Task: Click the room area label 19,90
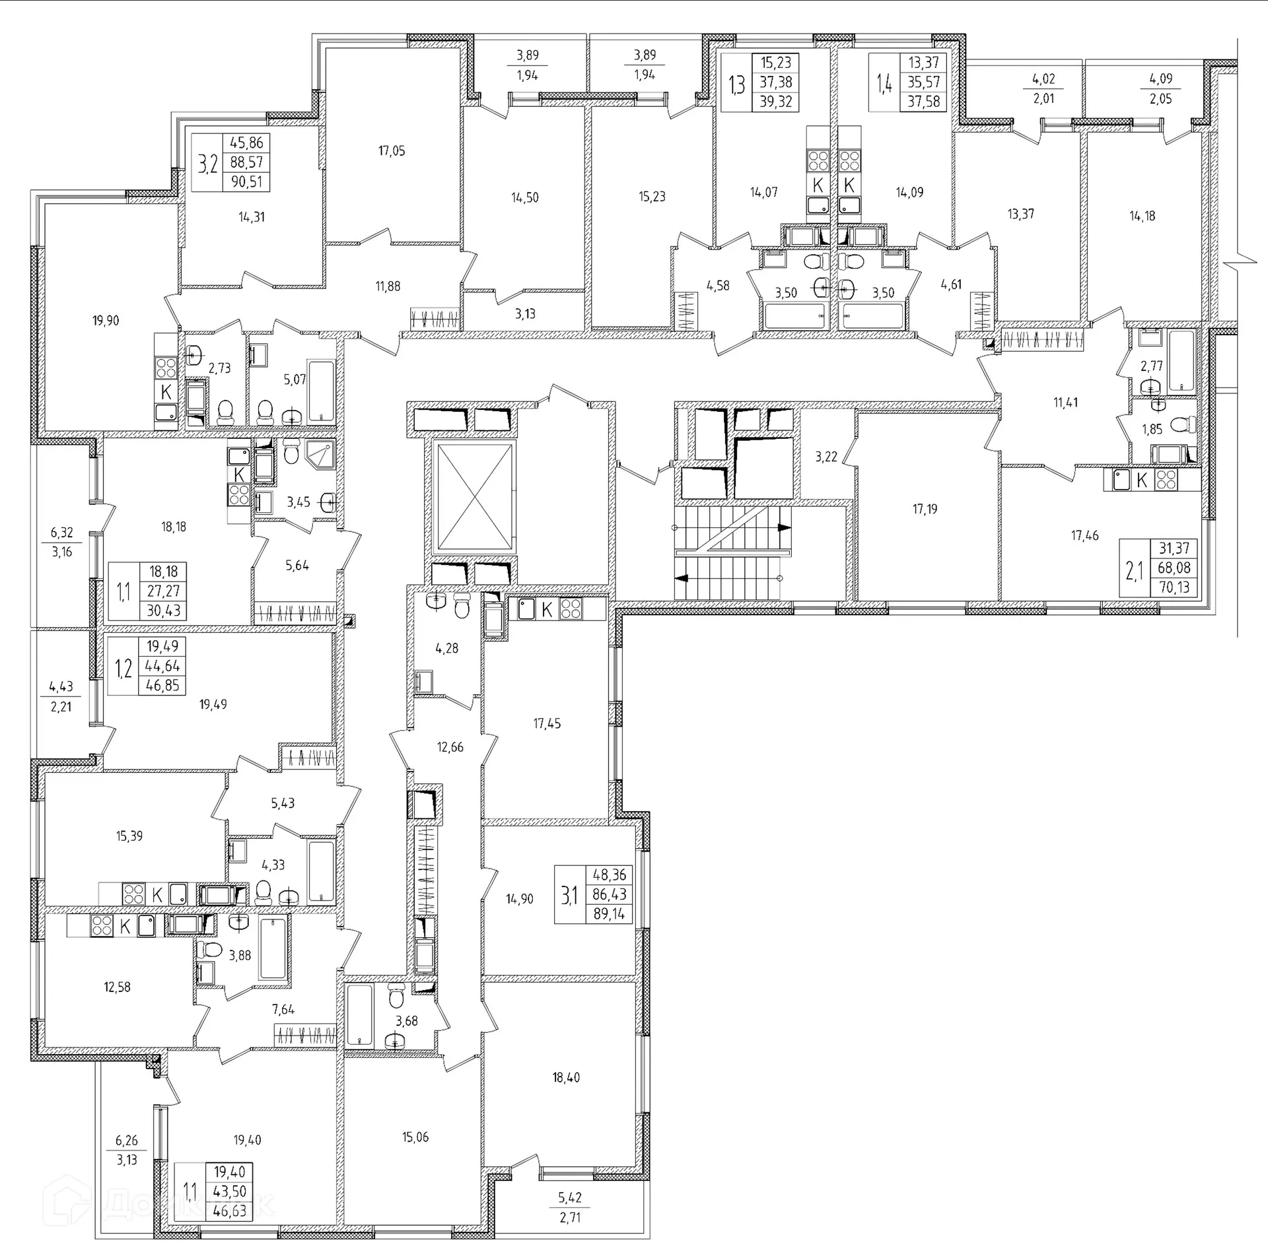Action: tap(106, 321)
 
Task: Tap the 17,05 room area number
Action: tap(392, 151)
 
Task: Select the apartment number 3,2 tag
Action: tap(209, 163)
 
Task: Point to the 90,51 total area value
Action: tap(246, 182)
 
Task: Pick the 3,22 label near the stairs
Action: tap(826, 457)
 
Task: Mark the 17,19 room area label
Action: tap(925, 509)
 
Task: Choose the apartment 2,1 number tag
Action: tap(1134, 568)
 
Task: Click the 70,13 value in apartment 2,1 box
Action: tap(1174, 587)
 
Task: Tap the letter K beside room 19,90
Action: tap(166, 391)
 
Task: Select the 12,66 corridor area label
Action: tap(450, 747)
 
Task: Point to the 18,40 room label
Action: tap(566, 1078)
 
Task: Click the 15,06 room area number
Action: tap(415, 1137)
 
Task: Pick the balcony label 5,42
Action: tap(570, 1216)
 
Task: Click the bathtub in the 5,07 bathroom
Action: tap(322, 391)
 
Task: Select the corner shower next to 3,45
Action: tap(321, 455)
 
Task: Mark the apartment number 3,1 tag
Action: tap(569, 895)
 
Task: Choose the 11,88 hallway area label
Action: tap(388, 286)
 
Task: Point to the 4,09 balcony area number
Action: tap(1160, 79)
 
